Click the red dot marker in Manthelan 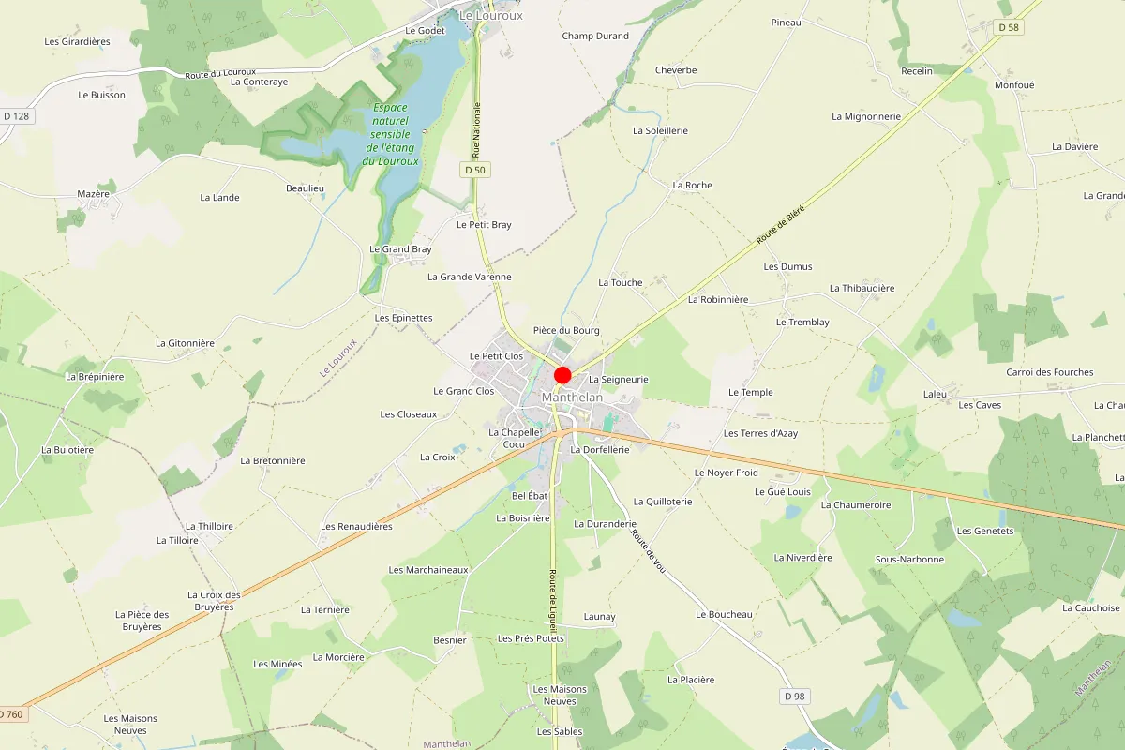[562, 376]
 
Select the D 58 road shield [1009, 28]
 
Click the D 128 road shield [17, 116]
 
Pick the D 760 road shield [12, 714]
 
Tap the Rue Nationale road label [476, 128]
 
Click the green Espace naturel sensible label [391, 134]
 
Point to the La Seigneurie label [619, 379]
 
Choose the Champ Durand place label [595, 36]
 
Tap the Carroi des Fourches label [1050, 372]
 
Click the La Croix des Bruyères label [214, 601]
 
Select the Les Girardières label [78, 41]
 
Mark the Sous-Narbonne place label [909, 559]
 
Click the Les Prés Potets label [532, 638]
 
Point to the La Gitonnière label [185, 343]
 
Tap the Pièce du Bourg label [566, 330]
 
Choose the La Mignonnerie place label [866, 116]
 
